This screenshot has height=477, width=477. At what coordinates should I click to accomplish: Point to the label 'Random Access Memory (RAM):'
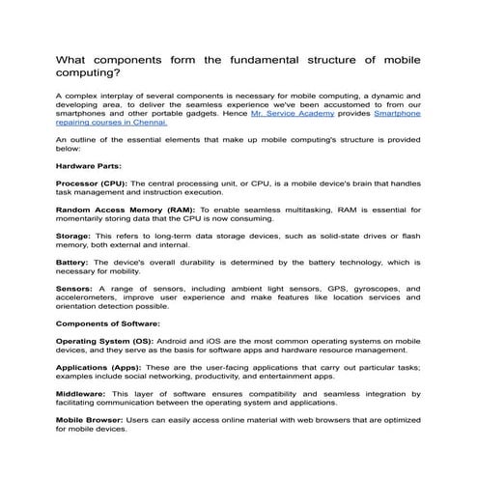(x=126, y=210)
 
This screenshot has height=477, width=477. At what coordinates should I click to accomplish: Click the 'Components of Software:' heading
(x=108, y=323)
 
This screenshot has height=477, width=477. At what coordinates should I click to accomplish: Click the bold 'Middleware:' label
(x=82, y=393)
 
